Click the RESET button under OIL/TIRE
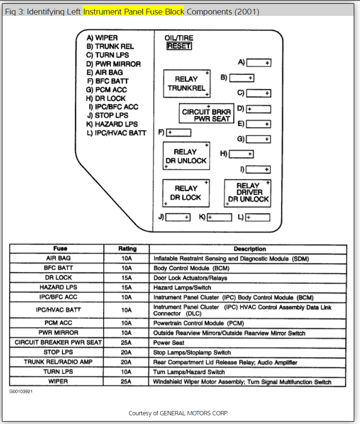tap(179, 46)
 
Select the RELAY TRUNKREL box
tap(187, 83)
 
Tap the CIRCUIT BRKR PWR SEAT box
tap(207, 114)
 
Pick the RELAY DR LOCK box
tap(186, 193)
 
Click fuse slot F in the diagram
tap(179, 133)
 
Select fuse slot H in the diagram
tap(241, 154)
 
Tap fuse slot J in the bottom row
tap(178, 218)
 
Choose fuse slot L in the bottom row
tap(257, 218)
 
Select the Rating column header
tap(127, 249)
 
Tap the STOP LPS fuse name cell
tap(58, 353)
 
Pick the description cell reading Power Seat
tap(169, 343)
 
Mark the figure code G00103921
tap(21, 391)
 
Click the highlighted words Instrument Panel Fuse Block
tap(133, 12)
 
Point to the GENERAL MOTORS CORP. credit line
tap(178, 413)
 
